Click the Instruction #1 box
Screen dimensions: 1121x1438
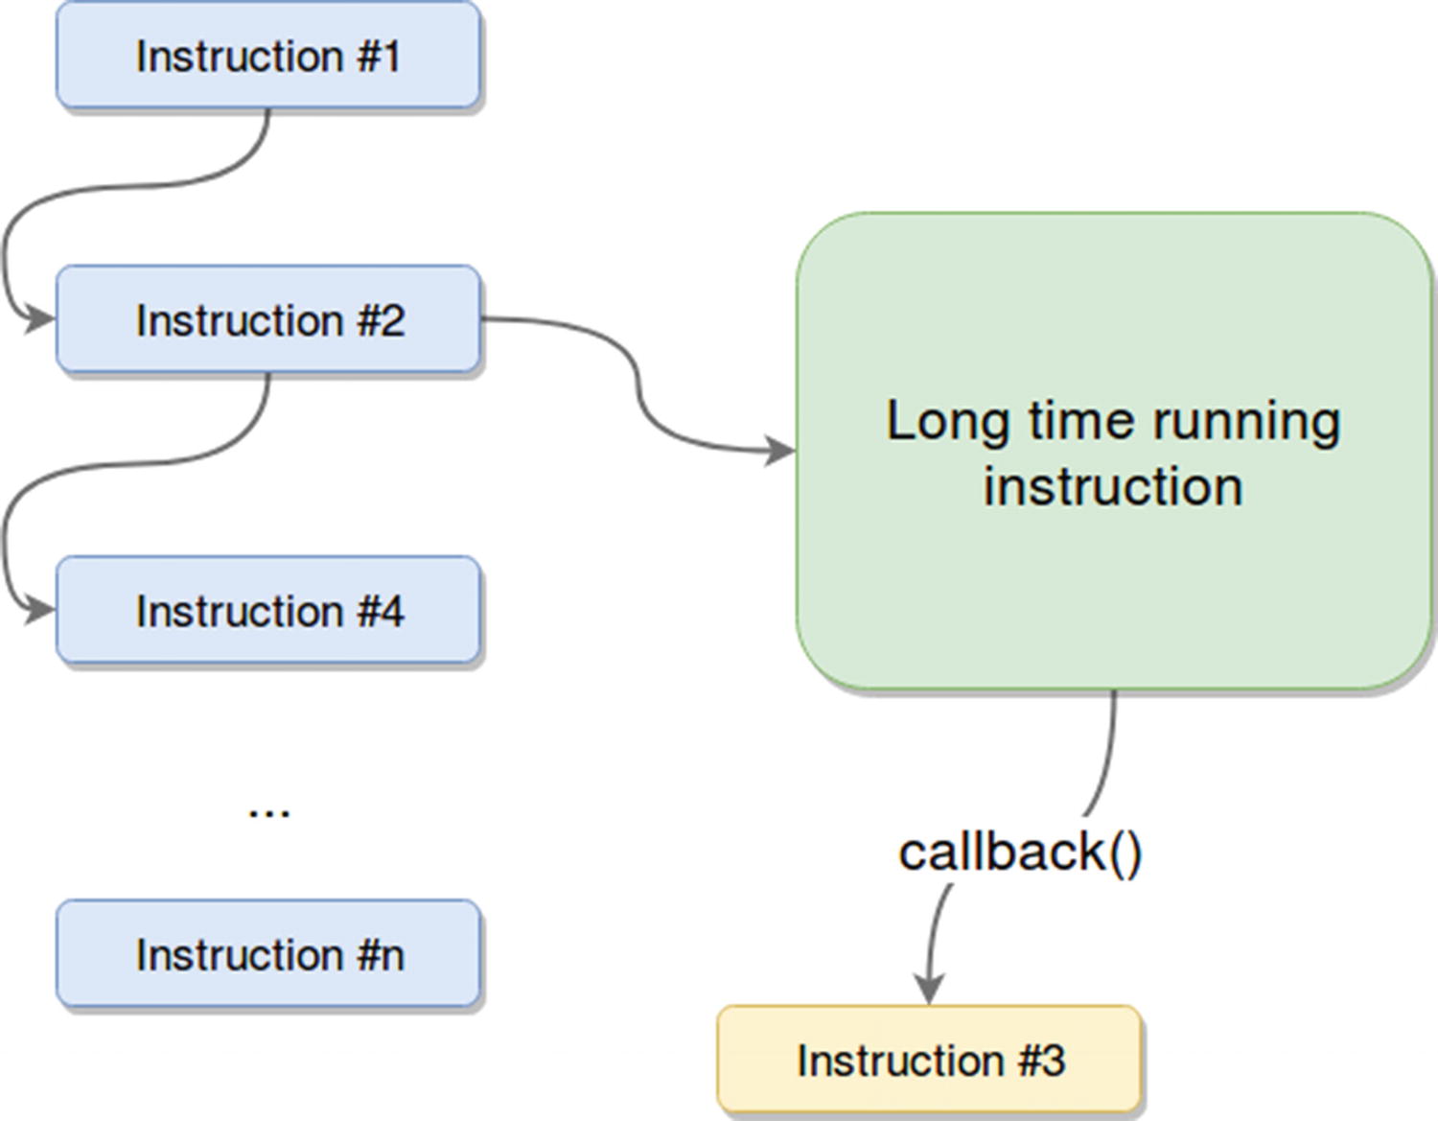pos(268,56)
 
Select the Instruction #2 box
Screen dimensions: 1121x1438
pos(268,319)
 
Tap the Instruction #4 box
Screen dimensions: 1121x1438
pos(268,611)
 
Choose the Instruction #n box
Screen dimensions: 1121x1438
pos(268,954)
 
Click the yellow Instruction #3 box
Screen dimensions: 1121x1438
pos(930,1060)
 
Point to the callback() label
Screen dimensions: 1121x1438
pos(1020,852)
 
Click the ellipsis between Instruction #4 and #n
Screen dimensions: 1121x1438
pos(268,810)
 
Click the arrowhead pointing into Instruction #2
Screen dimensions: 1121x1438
pos(40,318)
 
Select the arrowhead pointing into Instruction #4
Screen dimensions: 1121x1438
pos(40,609)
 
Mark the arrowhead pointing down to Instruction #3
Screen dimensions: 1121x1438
pos(929,989)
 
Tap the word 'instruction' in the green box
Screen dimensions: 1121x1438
pos(1113,485)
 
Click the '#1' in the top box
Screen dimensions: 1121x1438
pos(379,56)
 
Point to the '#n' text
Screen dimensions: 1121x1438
pos(381,954)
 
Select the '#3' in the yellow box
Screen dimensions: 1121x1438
pos(1041,1060)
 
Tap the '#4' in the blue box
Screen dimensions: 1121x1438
pos(381,611)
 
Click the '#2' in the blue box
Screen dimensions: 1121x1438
pos(381,319)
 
